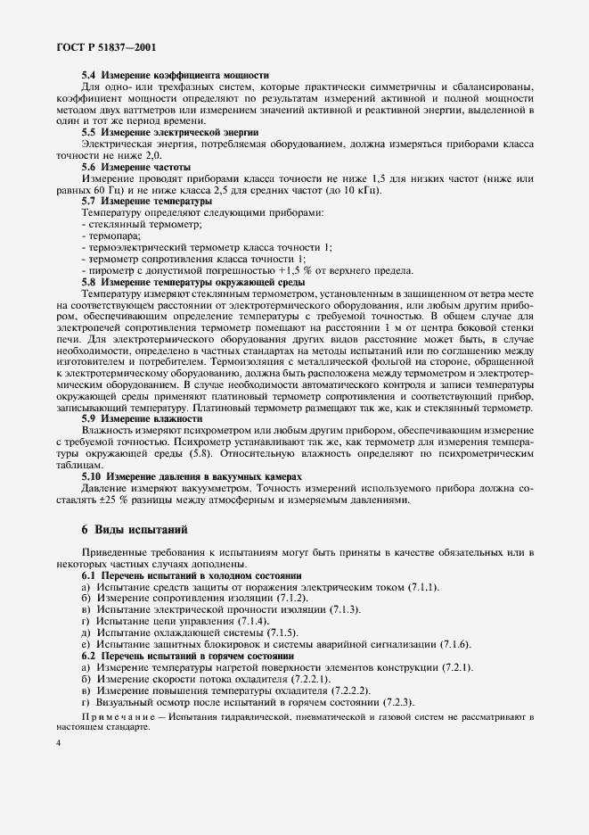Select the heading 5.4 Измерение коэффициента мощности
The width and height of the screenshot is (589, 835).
tap(176, 77)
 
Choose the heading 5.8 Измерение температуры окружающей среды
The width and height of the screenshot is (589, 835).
tap(192, 282)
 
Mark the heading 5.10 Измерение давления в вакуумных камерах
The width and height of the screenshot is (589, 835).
tap(192, 476)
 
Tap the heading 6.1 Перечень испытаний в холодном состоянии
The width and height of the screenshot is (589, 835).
tap(192, 577)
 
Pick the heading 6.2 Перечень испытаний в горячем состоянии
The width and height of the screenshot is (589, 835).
tap(188, 656)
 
